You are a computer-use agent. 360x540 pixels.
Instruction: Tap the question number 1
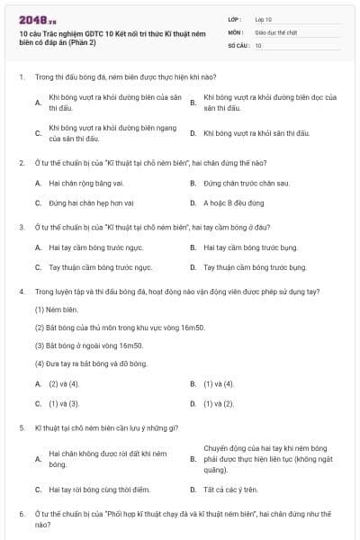coord(21,78)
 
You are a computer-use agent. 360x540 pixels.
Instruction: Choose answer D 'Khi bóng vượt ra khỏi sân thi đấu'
coord(256,133)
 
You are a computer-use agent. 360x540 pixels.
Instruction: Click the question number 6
coord(21,513)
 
